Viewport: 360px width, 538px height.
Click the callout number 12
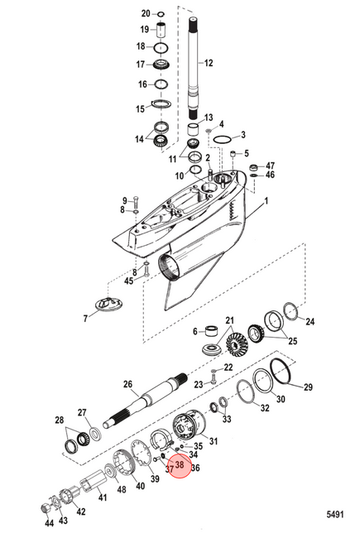click(x=209, y=63)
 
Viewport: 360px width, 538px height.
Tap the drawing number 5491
click(x=334, y=514)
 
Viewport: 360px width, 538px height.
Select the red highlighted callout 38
click(x=180, y=465)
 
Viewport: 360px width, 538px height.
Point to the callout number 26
click(x=127, y=383)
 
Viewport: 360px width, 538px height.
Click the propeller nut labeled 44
click(x=46, y=508)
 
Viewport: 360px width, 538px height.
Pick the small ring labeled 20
click(x=161, y=14)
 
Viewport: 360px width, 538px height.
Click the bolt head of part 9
click(x=136, y=198)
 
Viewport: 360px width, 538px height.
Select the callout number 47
click(x=270, y=166)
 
